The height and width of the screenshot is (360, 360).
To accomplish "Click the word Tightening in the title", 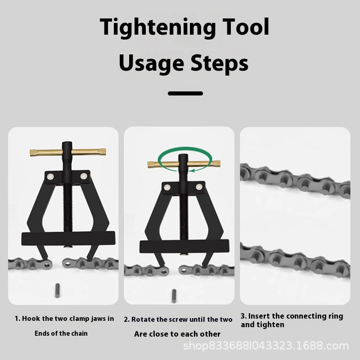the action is click(157, 27).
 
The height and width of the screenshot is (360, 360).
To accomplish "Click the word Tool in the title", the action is click(246, 27).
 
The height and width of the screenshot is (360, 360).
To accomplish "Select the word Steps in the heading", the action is click(220, 63).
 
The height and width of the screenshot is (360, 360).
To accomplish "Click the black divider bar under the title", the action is click(185, 93).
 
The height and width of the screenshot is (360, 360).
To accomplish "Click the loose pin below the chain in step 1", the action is click(58, 291).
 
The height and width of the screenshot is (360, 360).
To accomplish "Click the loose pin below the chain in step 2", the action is click(174, 296).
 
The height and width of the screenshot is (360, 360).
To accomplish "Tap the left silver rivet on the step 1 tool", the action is click(50, 176).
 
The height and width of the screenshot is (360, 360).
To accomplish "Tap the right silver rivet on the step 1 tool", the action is click(84, 176).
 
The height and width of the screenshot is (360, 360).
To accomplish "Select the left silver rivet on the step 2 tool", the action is click(167, 187).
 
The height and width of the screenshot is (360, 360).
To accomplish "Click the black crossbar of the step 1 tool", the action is click(68, 238).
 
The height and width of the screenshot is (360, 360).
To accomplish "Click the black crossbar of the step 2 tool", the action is click(184, 246).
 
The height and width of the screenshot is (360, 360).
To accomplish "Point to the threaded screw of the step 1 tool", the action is click(68, 208).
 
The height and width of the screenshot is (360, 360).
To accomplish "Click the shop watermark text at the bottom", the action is click(266, 346).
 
